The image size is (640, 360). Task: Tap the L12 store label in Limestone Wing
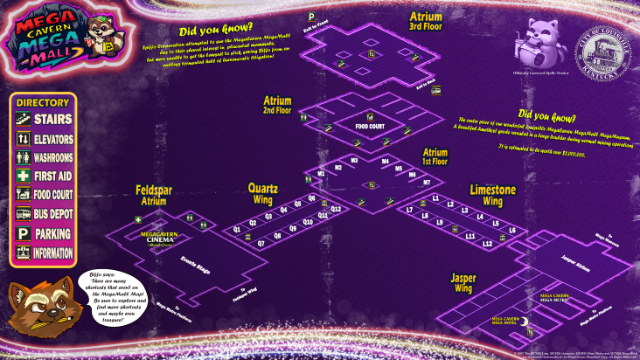click(488, 243)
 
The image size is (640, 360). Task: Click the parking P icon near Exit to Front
click(310, 17)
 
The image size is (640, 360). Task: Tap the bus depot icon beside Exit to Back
click(435, 89)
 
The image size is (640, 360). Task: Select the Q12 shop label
click(336, 210)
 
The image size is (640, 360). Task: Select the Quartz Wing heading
click(263, 192)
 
